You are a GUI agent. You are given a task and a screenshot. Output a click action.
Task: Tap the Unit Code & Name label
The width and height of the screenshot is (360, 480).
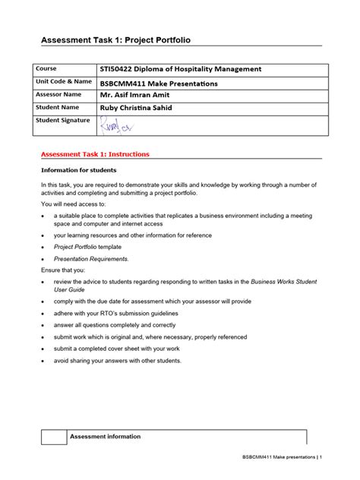[x=64, y=82]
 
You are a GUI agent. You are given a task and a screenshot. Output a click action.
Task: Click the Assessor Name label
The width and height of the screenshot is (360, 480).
[x=58, y=95]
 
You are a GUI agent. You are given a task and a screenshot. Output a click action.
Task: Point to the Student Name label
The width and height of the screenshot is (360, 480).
[x=58, y=108]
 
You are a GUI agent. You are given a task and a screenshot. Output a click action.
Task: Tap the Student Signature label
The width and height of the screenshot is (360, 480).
[x=63, y=121]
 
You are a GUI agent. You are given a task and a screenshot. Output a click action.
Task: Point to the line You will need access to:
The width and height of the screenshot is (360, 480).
[x=74, y=204]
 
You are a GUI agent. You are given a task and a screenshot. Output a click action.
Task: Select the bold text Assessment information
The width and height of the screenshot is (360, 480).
[x=105, y=437]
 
